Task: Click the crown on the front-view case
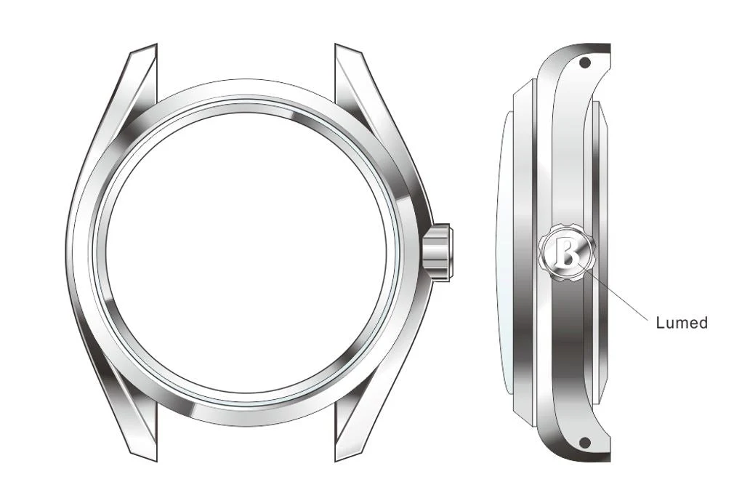[x=438, y=252]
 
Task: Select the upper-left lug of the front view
[x=137, y=80]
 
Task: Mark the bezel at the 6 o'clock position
[x=246, y=414]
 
